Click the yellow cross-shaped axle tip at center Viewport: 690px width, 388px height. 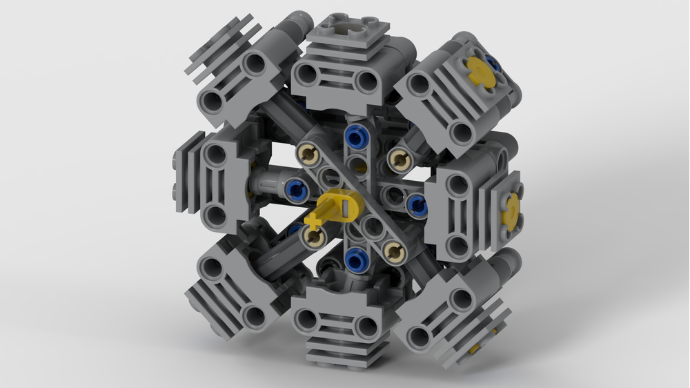tap(316, 222)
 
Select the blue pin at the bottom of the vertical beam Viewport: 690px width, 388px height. tap(355, 260)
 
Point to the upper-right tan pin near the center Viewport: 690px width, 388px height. tap(398, 160)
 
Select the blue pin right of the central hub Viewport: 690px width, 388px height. tap(416, 204)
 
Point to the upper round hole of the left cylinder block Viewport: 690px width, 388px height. tap(215, 155)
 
